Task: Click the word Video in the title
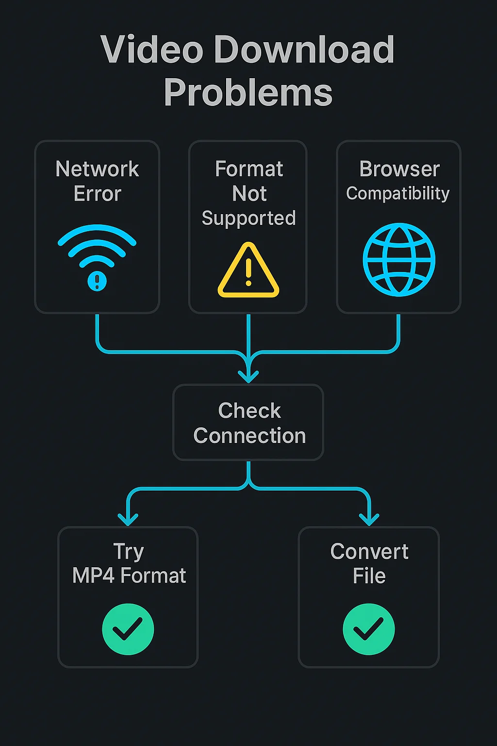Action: (x=152, y=50)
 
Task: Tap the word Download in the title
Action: (x=304, y=50)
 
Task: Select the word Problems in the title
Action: (x=248, y=92)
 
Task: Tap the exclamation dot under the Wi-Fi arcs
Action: (x=97, y=281)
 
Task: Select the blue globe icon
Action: (x=399, y=259)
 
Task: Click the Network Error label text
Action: (x=98, y=181)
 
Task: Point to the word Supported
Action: (x=248, y=218)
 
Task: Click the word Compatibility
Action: (x=398, y=193)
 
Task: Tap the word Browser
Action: (x=399, y=169)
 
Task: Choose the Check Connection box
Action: (x=248, y=423)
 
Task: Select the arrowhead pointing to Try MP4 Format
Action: (x=128, y=519)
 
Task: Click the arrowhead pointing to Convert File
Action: (x=369, y=519)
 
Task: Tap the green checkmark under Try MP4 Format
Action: (x=128, y=629)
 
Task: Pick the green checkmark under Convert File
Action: (x=369, y=629)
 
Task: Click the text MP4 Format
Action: (x=129, y=576)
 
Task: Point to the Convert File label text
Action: (x=369, y=563)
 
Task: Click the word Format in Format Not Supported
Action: (x=249, y=169)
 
